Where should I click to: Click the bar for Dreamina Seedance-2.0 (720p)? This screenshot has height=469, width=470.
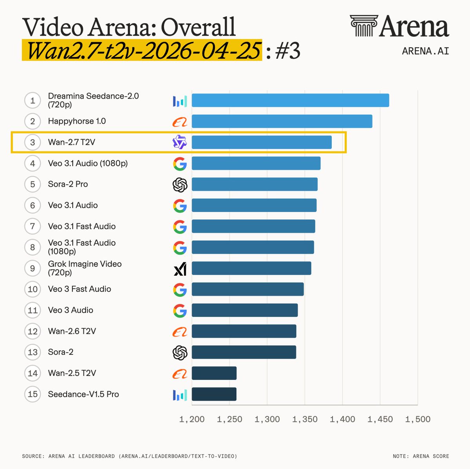(290, 100)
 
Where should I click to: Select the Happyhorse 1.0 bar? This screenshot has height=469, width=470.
(282, 121)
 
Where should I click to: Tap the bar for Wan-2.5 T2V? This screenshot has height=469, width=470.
(214, 373)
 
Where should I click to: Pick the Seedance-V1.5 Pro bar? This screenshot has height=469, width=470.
(214, 394)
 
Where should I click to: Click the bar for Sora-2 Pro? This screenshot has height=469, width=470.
(255, 184)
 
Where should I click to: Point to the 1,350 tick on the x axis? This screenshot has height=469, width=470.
(305, 419)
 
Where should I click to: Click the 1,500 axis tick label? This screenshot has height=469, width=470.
(418, 419)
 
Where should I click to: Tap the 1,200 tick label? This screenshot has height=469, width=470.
(192, 419)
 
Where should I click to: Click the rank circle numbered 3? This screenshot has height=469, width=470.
(33, 142)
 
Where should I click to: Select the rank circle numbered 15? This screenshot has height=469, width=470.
(33, 394)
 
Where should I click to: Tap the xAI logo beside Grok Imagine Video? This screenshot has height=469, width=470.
(180, 269)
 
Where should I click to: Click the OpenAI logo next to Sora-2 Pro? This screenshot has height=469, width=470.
(180, 185)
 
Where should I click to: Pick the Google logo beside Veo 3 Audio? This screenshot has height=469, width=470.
(180, 310)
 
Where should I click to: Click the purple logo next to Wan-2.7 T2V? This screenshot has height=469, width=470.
(180, 142)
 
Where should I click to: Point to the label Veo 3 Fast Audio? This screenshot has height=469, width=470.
(80, 289)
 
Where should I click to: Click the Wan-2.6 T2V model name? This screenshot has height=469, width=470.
(72, 331)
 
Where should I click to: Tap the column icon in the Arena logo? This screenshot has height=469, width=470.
(364, 25)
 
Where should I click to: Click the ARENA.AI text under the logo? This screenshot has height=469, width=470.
(425, 51)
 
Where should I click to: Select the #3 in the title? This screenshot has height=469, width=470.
(287, 51)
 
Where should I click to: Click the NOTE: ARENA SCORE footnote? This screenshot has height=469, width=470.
(421, 456)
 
